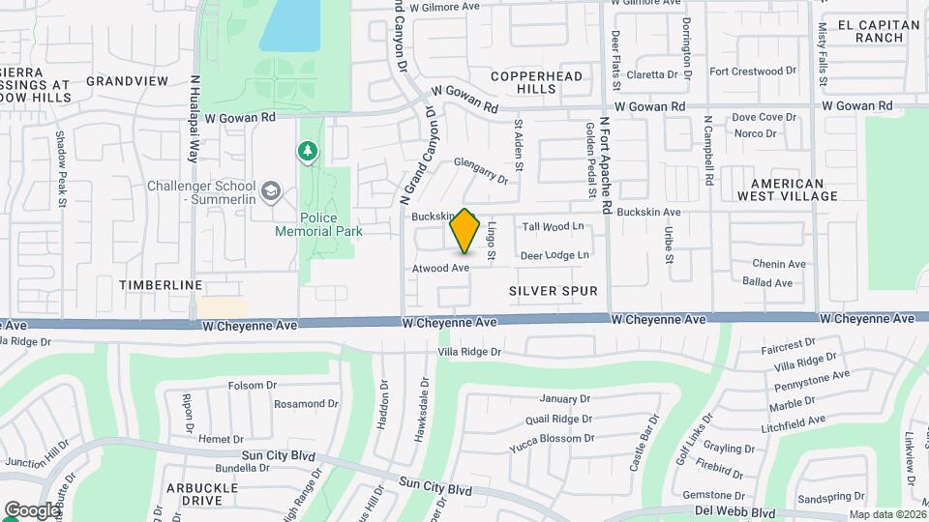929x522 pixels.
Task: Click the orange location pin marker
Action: pyautogui.click(x=464, y=230)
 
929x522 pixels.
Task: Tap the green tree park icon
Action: pyautogui.click(x=307, y=151)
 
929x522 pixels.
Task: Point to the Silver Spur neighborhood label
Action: pyautogui.click(x=553, y=290)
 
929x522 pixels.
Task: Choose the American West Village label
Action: pyautogui.click(x=787, y=189)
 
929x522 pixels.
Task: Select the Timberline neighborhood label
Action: pyautogui.click(x=161, y=285)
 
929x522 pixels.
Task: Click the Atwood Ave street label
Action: pyautogui.click(x=441, y=268)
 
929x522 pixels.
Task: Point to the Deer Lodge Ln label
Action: pyautogui.click(x=554, y=255)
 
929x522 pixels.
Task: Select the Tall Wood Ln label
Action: pyautogui.click(x=554, y=226)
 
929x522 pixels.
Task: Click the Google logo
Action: pyautogui.click(x=31, y=510)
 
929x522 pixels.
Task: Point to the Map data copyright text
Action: pyautogui.click(x=886, y=514)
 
